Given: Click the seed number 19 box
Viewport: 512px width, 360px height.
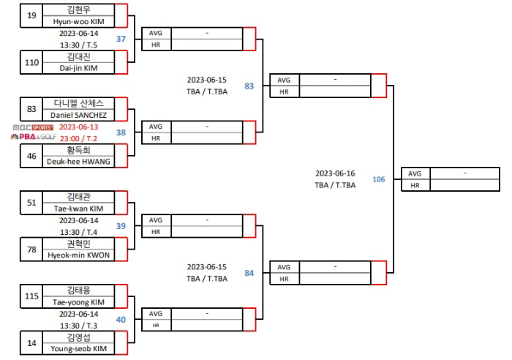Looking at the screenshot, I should click(x=31, y=15).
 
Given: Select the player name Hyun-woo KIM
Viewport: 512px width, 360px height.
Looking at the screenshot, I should click(x=79, y=22).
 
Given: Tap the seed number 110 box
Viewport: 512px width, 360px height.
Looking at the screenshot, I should click(x=31, y=62).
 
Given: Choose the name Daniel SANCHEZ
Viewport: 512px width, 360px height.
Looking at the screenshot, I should click(x=79, y=115).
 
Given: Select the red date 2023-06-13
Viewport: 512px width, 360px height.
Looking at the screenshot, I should click(x=79, y=126).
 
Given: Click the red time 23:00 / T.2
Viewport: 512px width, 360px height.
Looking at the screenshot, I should click(x=79, y=138).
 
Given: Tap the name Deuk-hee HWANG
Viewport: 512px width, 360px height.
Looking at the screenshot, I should click(x=79, y=161).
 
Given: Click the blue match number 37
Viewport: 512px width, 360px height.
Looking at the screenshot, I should click(x=121, y=39).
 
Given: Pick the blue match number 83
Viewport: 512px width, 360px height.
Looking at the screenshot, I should click(x=249, y=86).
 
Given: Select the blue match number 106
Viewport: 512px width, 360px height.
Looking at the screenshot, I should click(x=378, y=179).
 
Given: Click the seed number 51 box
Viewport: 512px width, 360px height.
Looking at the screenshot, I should click(x=31, y=203).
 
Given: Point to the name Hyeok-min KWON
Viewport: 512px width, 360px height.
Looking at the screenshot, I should click(x=79, y=255).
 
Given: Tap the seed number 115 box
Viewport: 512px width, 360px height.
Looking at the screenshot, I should click(x=31, y=296).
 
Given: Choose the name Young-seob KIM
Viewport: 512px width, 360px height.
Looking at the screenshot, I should click(x=79, y=349).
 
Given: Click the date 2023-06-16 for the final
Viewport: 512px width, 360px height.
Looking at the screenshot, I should click(x=335, y=173).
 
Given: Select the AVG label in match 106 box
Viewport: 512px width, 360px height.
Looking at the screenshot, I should click(x=415, y=173).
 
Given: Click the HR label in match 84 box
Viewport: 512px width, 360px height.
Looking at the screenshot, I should click(x=284, y=279).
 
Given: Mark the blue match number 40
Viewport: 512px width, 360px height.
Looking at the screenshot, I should click(x=121, y=320).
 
